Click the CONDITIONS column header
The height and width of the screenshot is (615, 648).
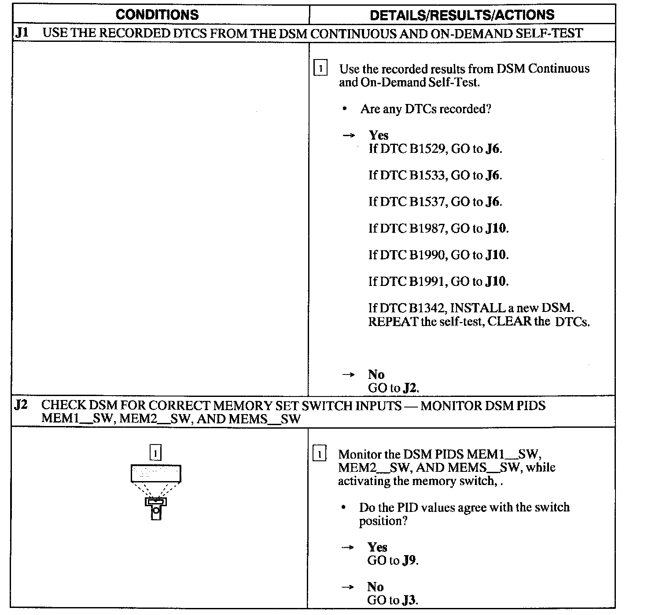point(157,15)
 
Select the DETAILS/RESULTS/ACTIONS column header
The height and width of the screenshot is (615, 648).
point(462,15)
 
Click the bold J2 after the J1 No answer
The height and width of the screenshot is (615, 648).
point(410,388)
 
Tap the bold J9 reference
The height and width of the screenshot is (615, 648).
point(410,560)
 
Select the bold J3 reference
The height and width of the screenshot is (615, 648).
point(410,600)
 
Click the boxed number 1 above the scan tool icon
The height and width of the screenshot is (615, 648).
point(155,453)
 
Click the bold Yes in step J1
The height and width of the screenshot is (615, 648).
point(379,135)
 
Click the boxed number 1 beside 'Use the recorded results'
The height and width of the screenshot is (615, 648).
point(320,69)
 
